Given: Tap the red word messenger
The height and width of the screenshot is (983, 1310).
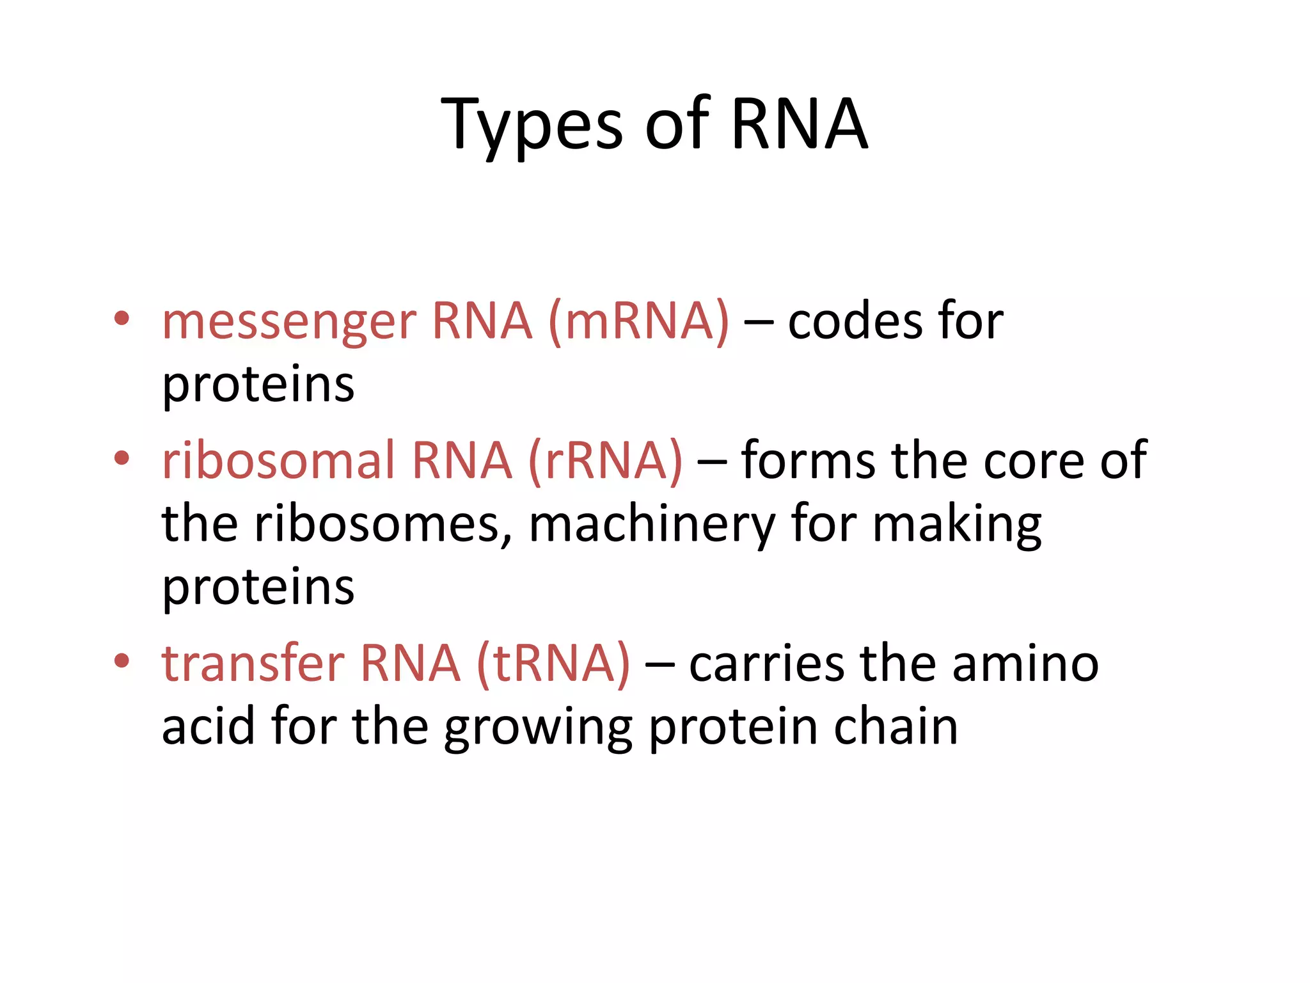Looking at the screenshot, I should pyautogui.click(x=289, y=322).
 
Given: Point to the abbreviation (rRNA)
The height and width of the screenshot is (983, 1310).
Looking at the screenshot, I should pyautogui.click(x=605, y=460).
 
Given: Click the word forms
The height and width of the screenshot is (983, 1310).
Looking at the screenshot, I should pyautogui.click(x=808, y=460).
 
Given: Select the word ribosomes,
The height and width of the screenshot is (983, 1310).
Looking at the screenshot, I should pyautogui.click(x=383, y=524).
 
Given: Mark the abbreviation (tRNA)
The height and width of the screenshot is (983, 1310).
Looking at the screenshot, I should pyautogui.click(x=553, y=664).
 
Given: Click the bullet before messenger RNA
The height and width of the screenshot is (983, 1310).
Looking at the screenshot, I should pyautogui.click(x=122, y=318).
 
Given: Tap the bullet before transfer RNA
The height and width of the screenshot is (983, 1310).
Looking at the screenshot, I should pyautogui.click(x=122, y=660).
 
